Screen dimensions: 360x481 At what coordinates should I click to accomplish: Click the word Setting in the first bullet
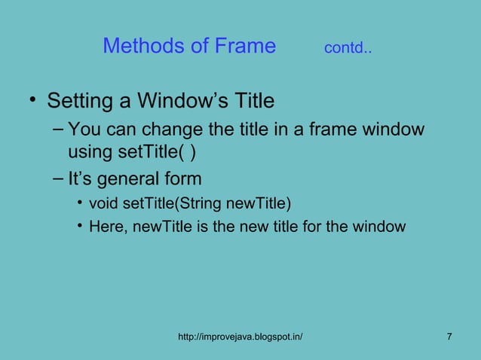[78, 100]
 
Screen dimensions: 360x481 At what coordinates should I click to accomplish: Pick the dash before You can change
[59, 129]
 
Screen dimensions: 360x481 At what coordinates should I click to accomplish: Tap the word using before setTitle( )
[88, 154]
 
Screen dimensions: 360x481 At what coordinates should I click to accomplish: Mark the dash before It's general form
[59, 178]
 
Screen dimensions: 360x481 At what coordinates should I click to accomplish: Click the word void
[102, 204]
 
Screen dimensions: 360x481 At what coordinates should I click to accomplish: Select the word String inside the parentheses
[194, 204]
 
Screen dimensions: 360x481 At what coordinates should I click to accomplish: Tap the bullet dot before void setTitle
[79, 204]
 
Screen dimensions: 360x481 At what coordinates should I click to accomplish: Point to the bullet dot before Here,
[79, 226]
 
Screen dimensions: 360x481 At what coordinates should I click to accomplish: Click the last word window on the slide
[382, 226]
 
